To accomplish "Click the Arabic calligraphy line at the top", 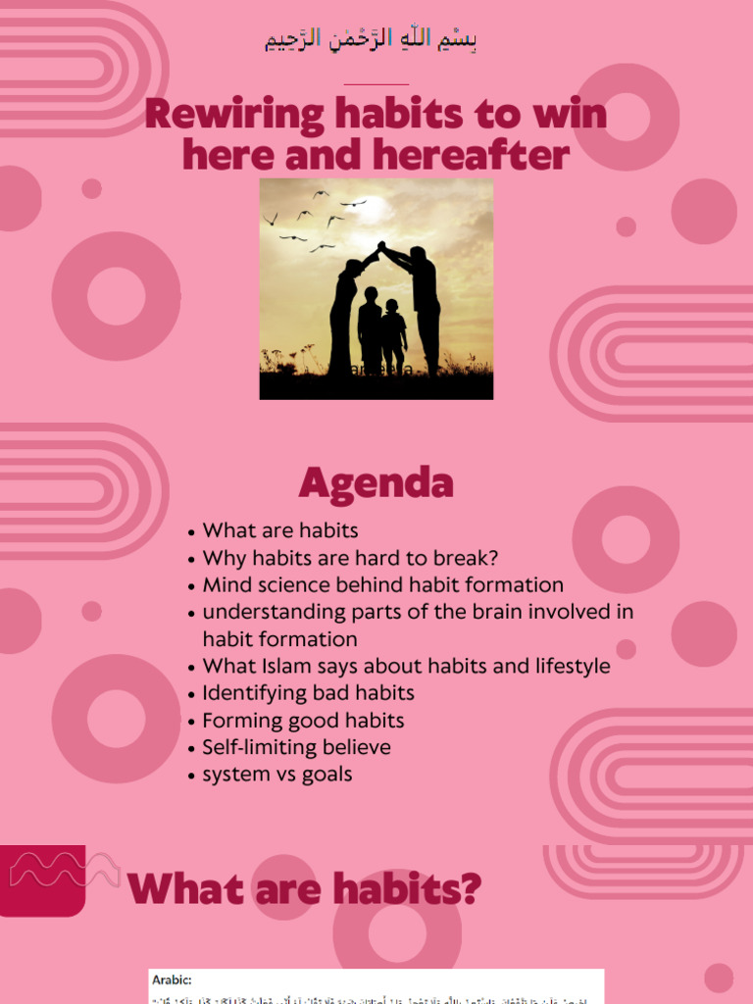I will [372, 40].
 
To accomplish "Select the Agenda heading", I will [376, 482].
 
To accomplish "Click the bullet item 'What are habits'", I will [279, 530].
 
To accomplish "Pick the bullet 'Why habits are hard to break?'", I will [350, 558].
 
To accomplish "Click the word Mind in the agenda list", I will [223, 585].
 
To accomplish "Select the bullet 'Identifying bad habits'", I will [308, 693].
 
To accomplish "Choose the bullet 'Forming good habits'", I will [303, 721].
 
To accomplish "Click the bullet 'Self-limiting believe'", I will [296, 747].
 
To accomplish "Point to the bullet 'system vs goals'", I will [276, 775].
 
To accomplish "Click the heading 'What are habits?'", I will [305, 889].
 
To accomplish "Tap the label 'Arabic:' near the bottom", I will [173, 979].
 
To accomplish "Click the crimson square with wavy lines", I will [42, 879].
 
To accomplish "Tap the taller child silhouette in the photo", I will [369, 328].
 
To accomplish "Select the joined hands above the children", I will [380, 247].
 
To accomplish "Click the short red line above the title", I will [376, 84].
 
